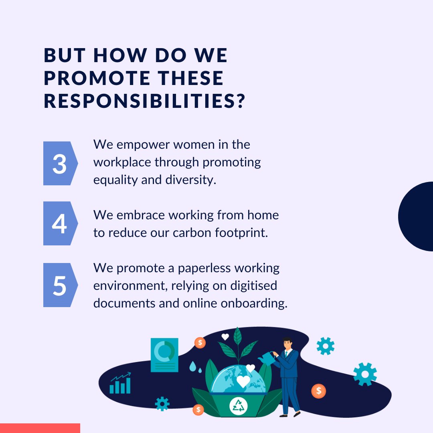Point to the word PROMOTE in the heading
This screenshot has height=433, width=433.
point(89,78)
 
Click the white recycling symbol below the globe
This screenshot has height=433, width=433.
point(238,406)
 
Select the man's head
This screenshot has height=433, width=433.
point(287,343)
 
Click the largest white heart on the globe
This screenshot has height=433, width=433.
point(243,381)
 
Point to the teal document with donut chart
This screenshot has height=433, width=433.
point(164,354)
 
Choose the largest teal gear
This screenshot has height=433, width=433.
point(365,374)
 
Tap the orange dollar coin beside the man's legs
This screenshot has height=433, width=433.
point(319,391)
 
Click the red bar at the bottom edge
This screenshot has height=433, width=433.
point(40,428)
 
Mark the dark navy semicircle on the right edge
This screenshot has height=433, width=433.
point(417,216)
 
